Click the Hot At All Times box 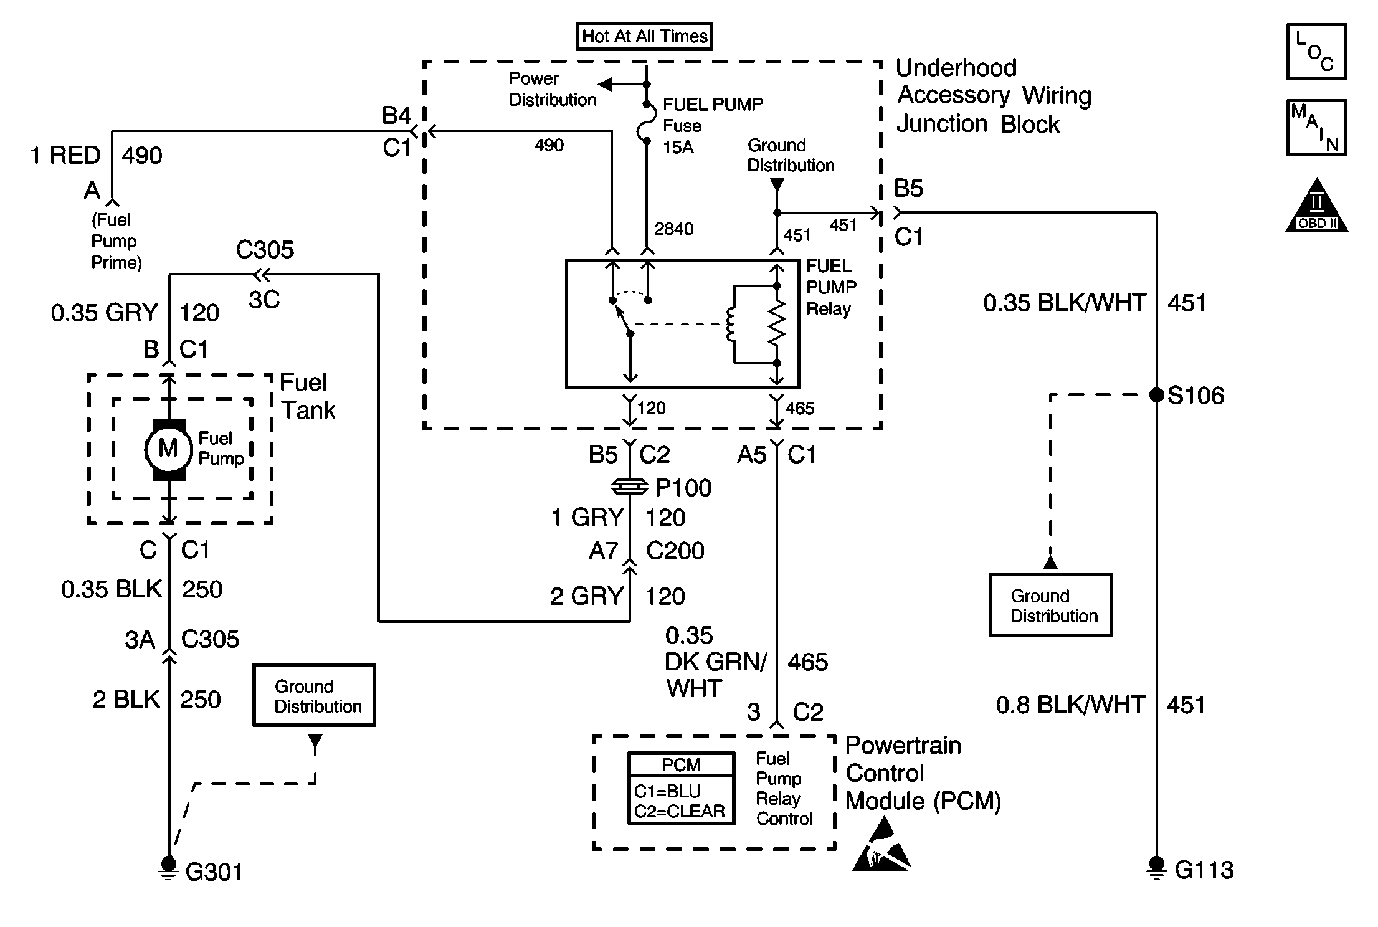pos(644,36)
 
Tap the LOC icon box pos(1316,52)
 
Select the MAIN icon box pos(1316,128)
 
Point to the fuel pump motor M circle pos(168,449)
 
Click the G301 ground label pos(214,872)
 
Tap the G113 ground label pos(1204,870)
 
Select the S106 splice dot pos(1156,395)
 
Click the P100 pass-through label pos(683,488)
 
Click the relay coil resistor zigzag pos(777,324)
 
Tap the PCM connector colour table pos(681,789)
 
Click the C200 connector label pos(675,551)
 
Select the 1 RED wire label pos(65,155)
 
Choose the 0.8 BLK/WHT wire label pos(1070,705)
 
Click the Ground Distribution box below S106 pos(1051,606)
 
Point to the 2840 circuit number pos(673,229)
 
